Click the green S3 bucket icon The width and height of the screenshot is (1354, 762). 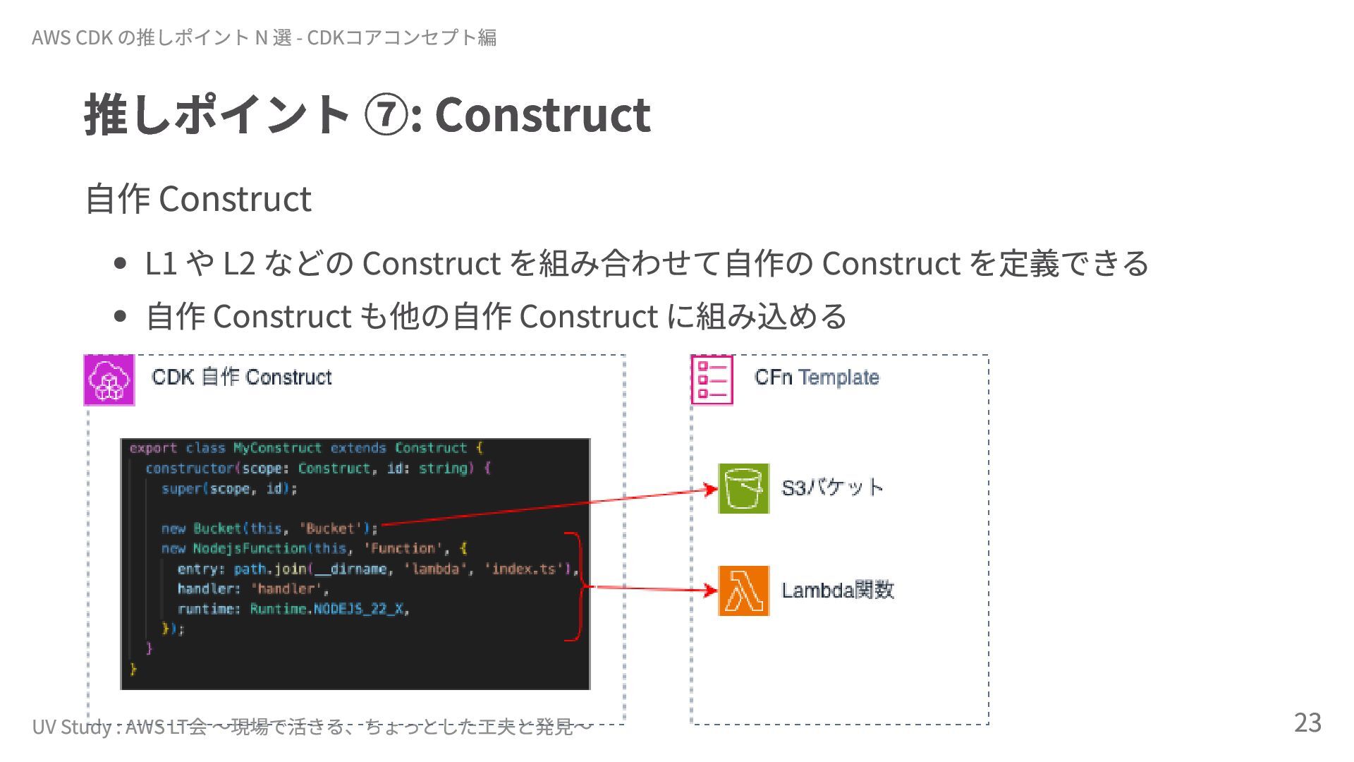743,488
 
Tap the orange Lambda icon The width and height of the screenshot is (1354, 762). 743,591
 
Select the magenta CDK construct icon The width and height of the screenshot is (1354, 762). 109,380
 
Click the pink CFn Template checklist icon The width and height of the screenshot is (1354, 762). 712,380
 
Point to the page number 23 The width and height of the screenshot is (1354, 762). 1307,722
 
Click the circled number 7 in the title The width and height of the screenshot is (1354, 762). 385,115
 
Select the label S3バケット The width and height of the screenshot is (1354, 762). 832,488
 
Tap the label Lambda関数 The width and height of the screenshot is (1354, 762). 838,590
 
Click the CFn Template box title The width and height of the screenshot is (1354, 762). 817,377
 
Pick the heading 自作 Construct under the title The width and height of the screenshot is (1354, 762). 198,198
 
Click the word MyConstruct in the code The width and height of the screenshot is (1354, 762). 277,448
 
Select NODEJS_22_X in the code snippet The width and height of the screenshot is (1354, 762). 360,609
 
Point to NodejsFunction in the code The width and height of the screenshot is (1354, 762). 250,548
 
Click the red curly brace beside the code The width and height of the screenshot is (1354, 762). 580,587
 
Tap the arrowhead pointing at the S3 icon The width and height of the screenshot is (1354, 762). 712,489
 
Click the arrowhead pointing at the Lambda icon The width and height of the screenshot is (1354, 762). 712,590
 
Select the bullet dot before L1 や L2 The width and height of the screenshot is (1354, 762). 120,264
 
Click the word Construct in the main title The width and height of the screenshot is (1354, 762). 542,114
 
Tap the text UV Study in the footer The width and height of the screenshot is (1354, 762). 71,727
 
